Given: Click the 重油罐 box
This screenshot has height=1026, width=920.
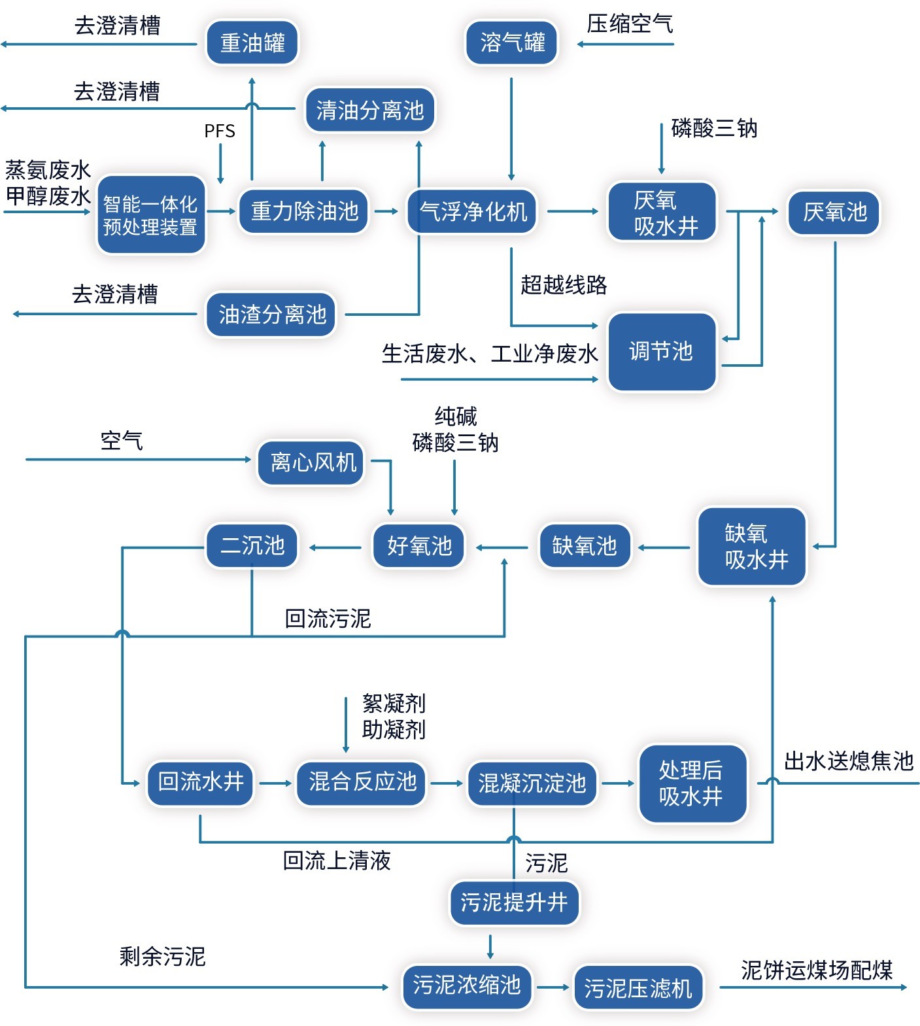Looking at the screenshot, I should (252, 43).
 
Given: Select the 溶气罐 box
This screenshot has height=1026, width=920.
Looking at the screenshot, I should (512, 43).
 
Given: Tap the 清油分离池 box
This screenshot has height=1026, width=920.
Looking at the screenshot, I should (369, 110).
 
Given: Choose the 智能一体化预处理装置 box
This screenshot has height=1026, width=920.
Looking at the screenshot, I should (150, 215).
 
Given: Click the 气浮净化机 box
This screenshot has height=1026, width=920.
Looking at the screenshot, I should (472, 211).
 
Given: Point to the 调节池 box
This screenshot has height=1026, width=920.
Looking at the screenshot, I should (661, 352).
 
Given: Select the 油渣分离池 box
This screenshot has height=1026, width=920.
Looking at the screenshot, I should (271, 315).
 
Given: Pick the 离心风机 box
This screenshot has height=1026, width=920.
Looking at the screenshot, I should (313, 462).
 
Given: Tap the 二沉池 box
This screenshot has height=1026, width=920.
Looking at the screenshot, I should (252, 545).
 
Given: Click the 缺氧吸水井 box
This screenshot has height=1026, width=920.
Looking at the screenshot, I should (752, 547).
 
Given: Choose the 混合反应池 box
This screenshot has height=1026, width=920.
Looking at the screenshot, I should (362, 782).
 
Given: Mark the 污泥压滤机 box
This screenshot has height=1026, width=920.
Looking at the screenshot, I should (638, 987).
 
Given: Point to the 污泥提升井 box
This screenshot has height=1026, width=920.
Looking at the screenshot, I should (514, 903).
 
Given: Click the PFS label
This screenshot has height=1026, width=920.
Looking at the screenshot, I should (220, 131).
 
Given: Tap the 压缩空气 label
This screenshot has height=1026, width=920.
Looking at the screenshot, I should (629, 24).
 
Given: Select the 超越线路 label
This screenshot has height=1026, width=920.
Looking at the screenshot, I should (564, 285).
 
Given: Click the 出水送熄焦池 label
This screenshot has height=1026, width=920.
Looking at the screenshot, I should (848, 761).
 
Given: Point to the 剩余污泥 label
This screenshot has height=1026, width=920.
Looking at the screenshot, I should (162, 957).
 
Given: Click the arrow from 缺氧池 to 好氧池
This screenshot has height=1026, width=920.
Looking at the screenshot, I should (502, 547).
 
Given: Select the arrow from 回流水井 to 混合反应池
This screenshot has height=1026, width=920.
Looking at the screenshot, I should (275, 783).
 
